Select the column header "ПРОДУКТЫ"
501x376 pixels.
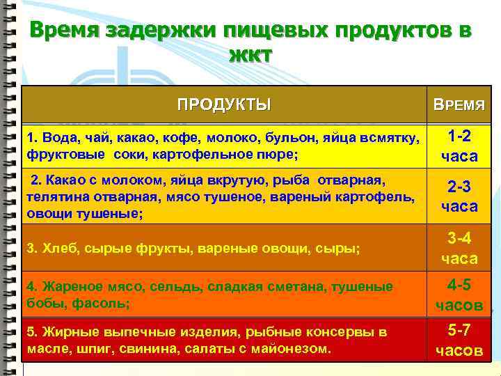(x=224, y=105)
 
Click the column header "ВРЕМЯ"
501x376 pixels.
(x=459, y=106)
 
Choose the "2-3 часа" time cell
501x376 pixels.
(x=459, y=197)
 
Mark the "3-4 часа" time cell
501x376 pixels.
(x=459, y=248)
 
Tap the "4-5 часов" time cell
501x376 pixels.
(x=459, y=295)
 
